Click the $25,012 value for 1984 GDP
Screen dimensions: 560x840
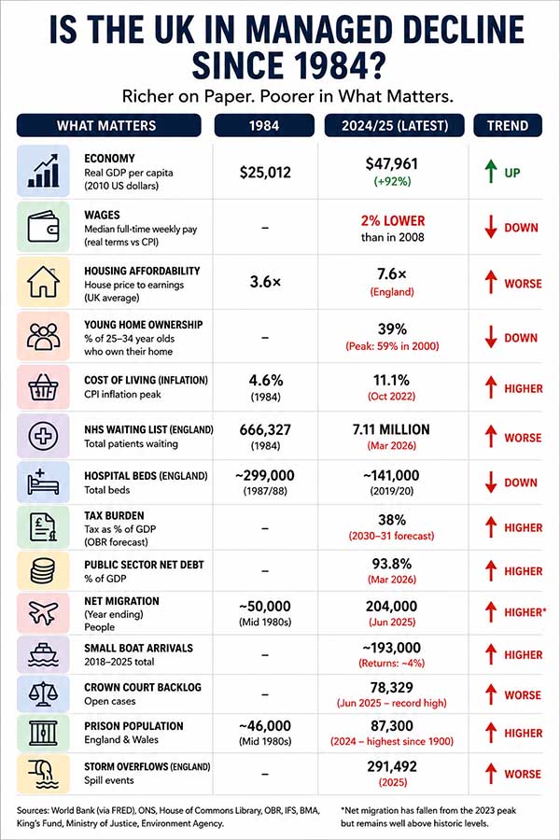[x=265, y=173]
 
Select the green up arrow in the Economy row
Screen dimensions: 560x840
[x=491, y=172]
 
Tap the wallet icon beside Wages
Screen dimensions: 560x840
[x=43, y=227]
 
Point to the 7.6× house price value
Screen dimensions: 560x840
[x=392, y=273]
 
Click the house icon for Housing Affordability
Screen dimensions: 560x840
[x=43, y=282]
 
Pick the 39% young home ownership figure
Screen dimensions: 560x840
[x=392, y=329]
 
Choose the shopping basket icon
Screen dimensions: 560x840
[x=43, y=386]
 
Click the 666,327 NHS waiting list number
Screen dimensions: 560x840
[x=265, y=429]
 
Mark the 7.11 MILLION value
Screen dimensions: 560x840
[x=391, y=429]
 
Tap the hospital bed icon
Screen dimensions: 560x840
[x=43, y=483]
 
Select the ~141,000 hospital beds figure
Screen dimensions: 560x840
[x=391, y=475]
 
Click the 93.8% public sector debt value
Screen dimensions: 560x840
[x=392, y=564]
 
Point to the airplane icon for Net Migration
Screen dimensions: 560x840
[x=43, y=612]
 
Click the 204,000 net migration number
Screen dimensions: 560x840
[x=391, y=606]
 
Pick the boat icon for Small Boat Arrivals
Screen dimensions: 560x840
[x=43, y=654]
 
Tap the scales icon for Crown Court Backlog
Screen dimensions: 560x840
[x=43, y=693]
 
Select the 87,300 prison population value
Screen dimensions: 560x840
[x=392, y=726]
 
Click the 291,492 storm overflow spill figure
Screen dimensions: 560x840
[x=392, y=766]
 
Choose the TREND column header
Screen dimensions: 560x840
[x=508, y=126]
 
